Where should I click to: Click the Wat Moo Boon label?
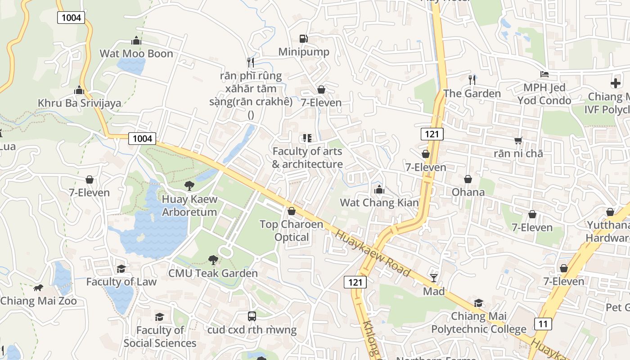coord(136,54)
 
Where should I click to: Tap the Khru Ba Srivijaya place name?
coord(79,103)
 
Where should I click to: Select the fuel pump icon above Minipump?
coord(304,39)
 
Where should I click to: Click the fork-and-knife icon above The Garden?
coord(472,80)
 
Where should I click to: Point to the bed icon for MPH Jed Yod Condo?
coord(544,74)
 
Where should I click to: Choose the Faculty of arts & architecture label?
coord(307,157)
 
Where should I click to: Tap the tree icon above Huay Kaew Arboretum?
coord(189,185)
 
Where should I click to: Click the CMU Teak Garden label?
coord(213,273)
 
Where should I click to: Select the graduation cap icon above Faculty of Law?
coord(121,269)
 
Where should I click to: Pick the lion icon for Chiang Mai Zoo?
coord(38,288)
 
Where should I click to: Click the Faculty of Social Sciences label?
coord(160,337)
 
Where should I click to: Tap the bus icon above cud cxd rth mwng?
coord(252,316)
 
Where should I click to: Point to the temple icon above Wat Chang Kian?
coord(379,189)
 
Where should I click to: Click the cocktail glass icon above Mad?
coord(434,278)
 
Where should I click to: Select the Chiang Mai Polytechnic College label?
coord(478,323)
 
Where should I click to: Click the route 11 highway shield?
coord(543,323)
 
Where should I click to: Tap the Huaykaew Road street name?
coord(373,254)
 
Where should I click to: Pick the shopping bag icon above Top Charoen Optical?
coord(292,211)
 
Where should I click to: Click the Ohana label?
coord(468,192)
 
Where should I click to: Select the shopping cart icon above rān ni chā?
coord(518,140)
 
